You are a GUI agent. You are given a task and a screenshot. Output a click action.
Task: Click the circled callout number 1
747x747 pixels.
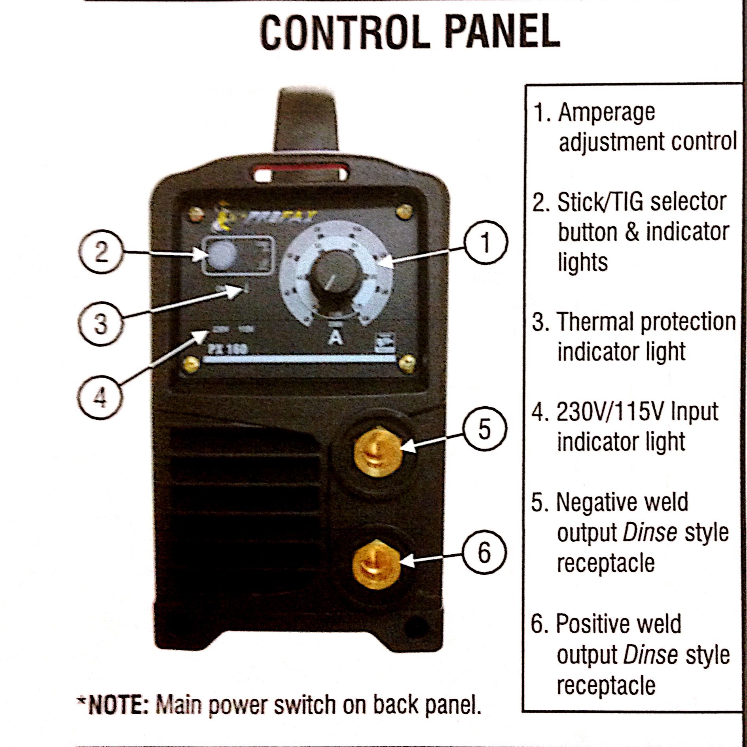click(485, 242)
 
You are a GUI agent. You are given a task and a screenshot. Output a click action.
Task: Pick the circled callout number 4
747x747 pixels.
click(100, 396)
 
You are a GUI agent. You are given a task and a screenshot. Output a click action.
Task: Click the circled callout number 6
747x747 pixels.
click(484, 552)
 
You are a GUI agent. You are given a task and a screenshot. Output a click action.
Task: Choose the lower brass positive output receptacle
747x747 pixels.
click(376, 563)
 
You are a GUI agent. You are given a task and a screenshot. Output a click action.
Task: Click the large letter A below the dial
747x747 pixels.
click(336, 337)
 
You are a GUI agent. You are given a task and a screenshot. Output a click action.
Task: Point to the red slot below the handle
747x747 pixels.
click(301, 173)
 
